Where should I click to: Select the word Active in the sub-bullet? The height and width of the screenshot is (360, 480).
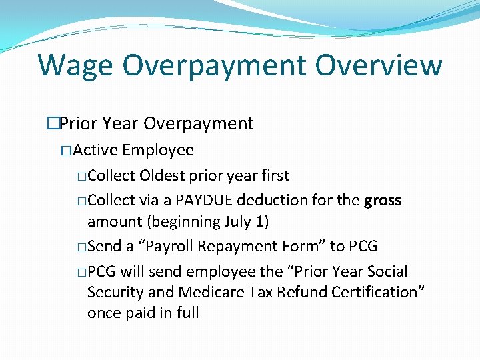click(96, 150)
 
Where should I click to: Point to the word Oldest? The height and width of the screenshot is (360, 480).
click(161, 176)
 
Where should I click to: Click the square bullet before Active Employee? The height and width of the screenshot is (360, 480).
click(65, 151)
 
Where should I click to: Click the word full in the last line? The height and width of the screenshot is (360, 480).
click(187, 313)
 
